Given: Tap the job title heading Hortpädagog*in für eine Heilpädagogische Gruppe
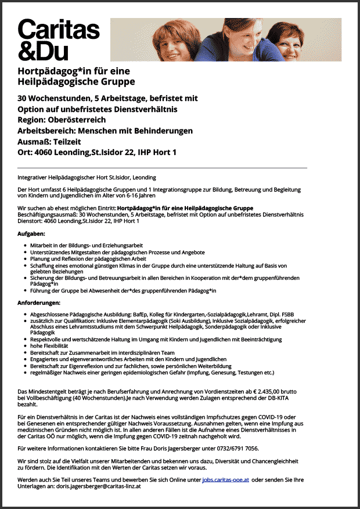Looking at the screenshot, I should (76, 75).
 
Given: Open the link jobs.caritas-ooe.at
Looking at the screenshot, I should (226, 481).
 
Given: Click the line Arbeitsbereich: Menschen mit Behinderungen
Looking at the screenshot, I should (105, 131).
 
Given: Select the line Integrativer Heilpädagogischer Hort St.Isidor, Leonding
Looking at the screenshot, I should (87, 177).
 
